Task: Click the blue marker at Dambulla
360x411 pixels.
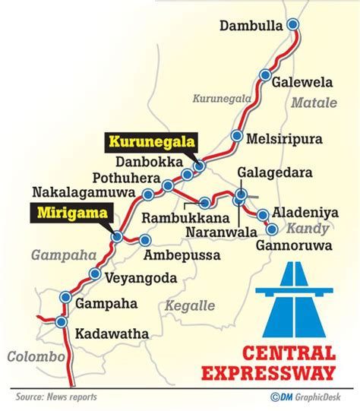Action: (x=293, y=25)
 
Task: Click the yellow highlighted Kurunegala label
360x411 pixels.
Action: (x=151, y=141)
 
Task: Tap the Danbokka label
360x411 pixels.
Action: (x=149, y=163)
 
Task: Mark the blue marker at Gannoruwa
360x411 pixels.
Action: (x=272, y=229)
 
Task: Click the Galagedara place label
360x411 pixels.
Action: (x=275, y=173)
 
